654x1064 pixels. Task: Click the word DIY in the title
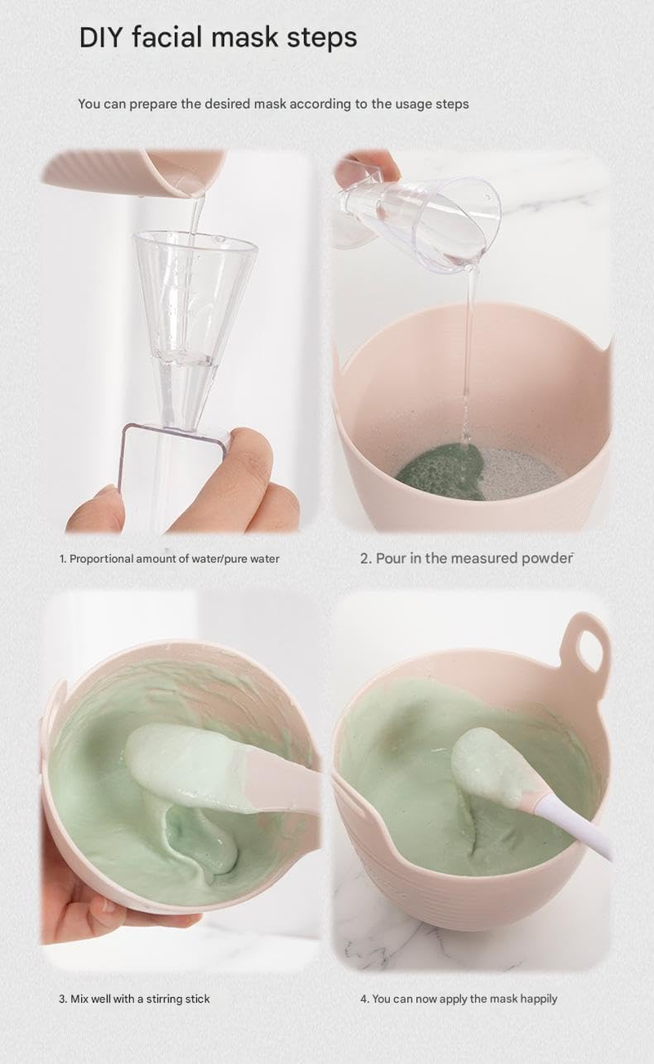[x=101, y=38]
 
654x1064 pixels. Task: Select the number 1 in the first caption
[x=61, y=559]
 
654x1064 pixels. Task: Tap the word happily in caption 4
[x=537, y=999]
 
